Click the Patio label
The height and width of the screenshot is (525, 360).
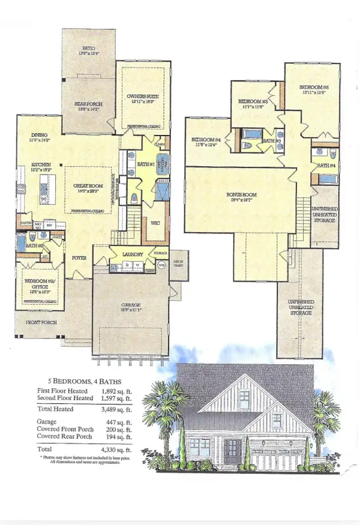(89, 48)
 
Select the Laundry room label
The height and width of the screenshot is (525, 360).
(131, 254)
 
